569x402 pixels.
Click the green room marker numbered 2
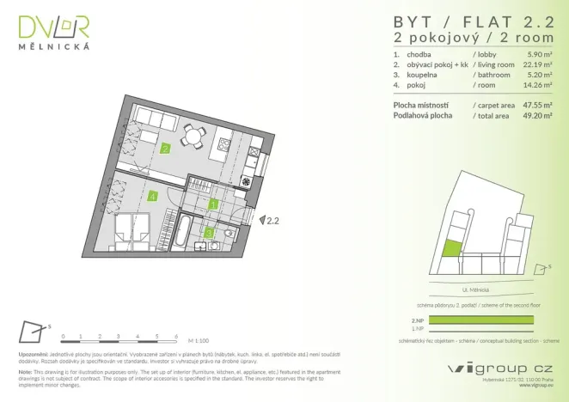(x=164, y=148)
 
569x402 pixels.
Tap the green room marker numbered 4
(x=152, y=196)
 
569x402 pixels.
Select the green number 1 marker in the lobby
(x=214, y=204)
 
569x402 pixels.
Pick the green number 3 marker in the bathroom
(x=209, y=231)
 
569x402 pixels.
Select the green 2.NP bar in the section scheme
(x=480, y=320)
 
